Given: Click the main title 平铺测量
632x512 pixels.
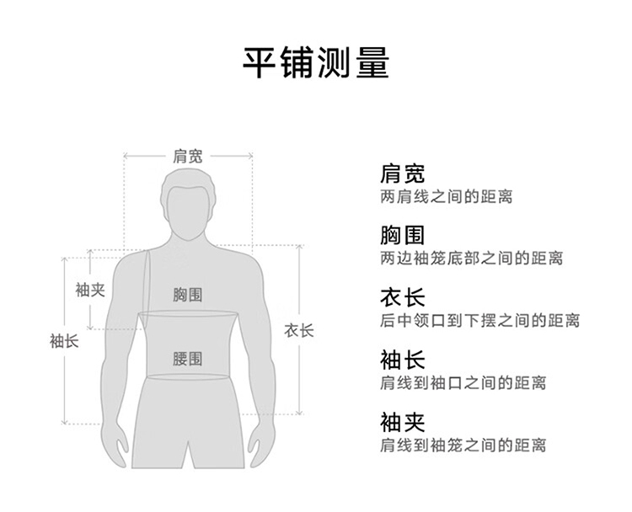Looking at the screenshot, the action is (316, 62).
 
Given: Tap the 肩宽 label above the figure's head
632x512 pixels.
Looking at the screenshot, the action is (188, 156).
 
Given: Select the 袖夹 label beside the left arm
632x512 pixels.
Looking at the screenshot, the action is (90, 290).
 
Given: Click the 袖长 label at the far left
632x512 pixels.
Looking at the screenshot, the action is (64, 341).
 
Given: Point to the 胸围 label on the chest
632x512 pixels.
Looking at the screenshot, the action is (188, 295).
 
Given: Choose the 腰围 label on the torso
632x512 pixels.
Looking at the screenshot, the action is (188, 359).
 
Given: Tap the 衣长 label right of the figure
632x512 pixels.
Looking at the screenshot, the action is (298, 330).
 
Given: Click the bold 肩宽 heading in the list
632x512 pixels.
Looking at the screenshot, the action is (403, 174).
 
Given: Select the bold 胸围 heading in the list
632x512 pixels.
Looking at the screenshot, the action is (403, 236).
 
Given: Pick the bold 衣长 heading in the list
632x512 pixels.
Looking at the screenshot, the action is (403, 298).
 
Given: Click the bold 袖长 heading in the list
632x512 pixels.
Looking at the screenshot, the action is (403, 360).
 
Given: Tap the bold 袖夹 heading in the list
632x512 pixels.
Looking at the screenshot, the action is (403, 422).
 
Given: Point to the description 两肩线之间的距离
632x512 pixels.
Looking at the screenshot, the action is (446, 197).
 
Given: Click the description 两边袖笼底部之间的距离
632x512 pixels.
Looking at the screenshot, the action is (471, 259).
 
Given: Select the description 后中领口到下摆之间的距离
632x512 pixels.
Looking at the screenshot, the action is (479, 321).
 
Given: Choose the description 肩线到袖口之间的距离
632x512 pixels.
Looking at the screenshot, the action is (463, 383).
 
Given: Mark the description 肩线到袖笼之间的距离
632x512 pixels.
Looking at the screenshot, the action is (463, 445).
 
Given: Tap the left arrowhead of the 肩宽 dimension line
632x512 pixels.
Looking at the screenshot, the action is (126, 156).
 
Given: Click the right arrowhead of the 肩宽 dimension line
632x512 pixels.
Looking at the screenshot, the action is (250, 156).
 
